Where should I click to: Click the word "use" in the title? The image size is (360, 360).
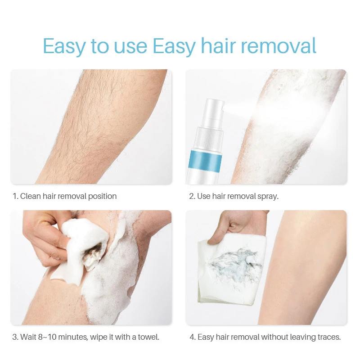click(x=128, y=47)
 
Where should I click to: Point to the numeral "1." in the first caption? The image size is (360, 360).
click(x=15, y=196)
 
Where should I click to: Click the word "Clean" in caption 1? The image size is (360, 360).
click(x=30, y=196)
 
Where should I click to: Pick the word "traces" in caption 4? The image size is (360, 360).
click(x=328, y=337)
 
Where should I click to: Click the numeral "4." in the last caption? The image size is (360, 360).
click(x=193, y=337)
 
